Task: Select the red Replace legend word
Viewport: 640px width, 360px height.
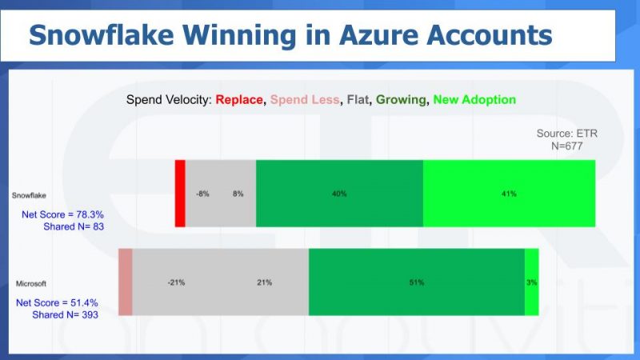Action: point(239,100)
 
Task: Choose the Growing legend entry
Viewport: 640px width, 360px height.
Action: point(402,100)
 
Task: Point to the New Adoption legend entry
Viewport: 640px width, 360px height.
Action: point(474,100)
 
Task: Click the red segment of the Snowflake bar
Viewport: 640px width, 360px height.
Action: point(180,193)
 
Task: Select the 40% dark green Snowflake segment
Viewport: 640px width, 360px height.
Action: point(339,193)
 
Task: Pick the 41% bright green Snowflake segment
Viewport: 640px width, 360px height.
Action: point(509,193)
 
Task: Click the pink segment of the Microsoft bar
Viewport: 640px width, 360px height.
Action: point(125,282)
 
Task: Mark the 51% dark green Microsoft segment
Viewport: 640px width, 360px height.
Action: point(416,282)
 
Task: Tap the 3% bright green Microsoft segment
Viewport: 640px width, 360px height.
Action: point(531,282)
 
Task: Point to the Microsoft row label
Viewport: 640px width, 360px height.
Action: point(33,283)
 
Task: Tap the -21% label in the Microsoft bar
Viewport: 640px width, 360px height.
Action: point(177,282)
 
